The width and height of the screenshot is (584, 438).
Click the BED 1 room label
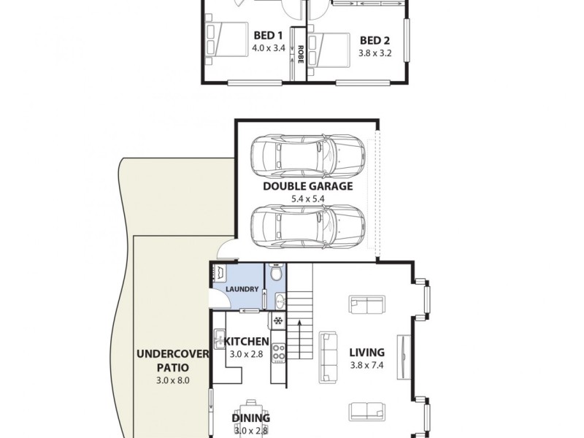(267, 35)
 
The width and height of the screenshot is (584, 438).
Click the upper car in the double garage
(307, 154)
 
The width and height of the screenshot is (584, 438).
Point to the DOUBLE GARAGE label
(307, 186)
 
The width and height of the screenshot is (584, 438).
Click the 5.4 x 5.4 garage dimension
(307, 198)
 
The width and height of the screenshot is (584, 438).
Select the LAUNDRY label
(242, 289)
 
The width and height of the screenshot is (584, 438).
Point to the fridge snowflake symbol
(278, 320)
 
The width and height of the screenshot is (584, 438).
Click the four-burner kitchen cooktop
(278, 353)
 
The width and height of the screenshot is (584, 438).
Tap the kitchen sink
(218, 338)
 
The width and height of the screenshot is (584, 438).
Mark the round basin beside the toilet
(279, 299)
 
